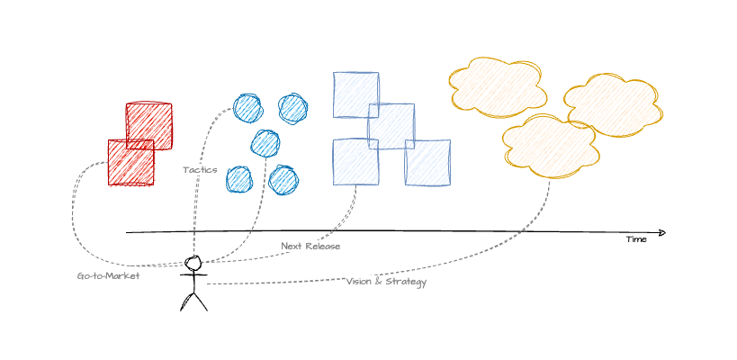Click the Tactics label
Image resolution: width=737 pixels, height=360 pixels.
pos(200,169)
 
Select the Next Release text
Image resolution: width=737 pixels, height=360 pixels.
pos(310,246)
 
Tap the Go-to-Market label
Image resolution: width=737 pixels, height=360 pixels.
pos(108,276)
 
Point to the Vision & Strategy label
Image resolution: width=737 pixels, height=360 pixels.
pos(386,282)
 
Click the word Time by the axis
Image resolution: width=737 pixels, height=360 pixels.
pos(636,239)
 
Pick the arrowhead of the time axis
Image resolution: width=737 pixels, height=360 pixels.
pos(662,232)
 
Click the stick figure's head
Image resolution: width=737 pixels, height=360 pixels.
pos(193,264)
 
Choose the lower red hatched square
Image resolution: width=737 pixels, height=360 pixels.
pos(130,163)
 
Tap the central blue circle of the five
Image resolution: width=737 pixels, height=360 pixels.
pos(265,143)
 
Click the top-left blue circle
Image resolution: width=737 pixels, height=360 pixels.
pos(247,108)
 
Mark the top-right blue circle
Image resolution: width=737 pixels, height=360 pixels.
pos(293,108)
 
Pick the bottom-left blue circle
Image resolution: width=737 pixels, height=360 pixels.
pos(239,179)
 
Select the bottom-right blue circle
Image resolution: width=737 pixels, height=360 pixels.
pos(283,179)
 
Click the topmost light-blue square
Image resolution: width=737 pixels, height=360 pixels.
pos(355,94)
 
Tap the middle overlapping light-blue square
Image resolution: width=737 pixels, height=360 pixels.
pos(391,126)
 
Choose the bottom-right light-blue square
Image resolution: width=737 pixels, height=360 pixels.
pos(427,163)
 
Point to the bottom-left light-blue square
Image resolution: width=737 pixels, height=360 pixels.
pos(355,162)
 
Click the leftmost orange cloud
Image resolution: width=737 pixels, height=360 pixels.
pos(497,87)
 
